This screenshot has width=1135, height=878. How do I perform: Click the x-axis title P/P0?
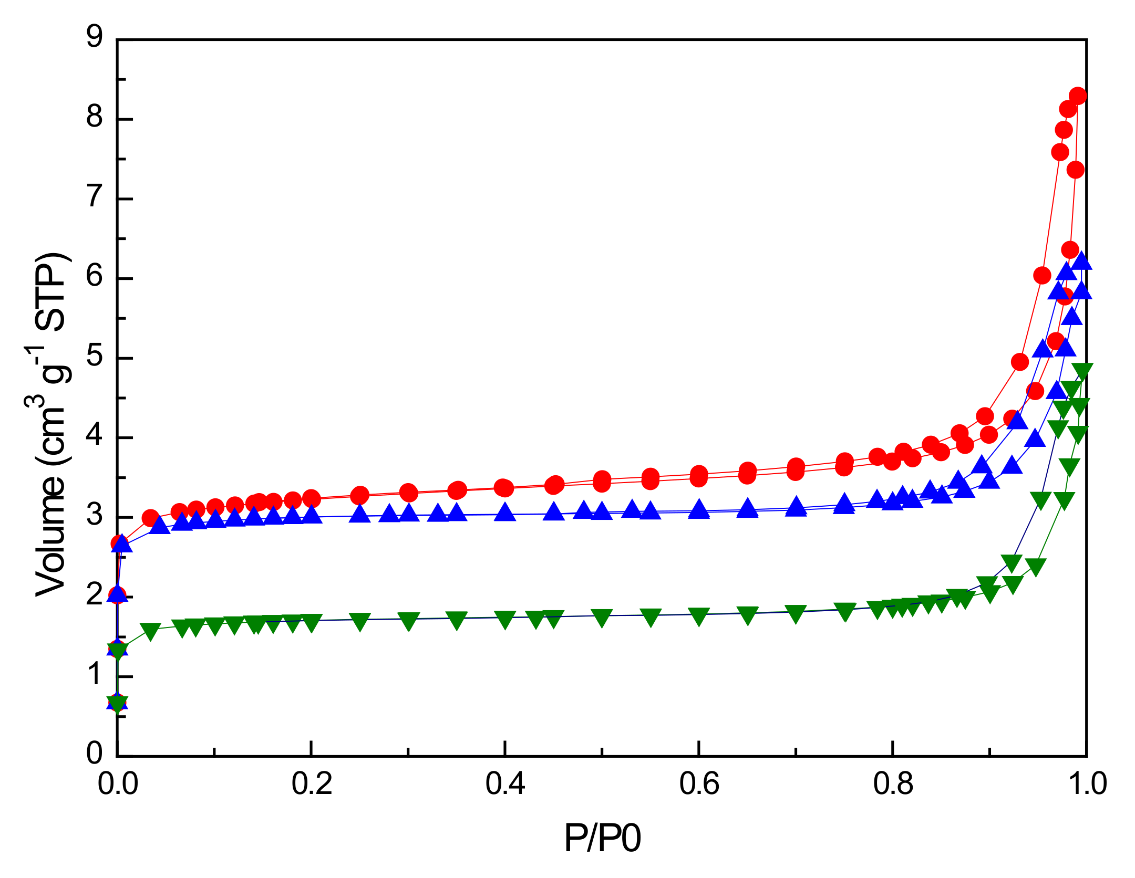coord(602,838)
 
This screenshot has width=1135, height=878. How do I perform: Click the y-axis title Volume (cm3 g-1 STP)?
coord(50,425)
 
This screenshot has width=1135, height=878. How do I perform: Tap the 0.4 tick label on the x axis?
coord(505,784)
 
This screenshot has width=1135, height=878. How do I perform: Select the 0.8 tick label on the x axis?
coord(893,784)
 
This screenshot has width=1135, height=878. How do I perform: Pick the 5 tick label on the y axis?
coord(95,357)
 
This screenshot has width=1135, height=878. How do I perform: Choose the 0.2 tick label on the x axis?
coord(312,784)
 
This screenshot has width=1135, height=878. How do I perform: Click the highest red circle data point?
coord(1077,96)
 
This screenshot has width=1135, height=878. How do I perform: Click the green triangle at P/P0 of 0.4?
coord(505,620)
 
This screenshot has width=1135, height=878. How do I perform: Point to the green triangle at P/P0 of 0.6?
coord(699,616)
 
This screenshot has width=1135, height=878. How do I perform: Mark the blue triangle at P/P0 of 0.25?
coord(360,514)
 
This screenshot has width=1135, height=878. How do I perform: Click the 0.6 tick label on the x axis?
coord(699,784)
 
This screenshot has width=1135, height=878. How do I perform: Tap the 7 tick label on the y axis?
coord(95,197)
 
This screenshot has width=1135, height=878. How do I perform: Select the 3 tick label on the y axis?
coord(95,516)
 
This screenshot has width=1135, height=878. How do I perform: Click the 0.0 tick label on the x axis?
coord(118,784)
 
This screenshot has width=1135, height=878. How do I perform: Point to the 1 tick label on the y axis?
coord(95,675)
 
